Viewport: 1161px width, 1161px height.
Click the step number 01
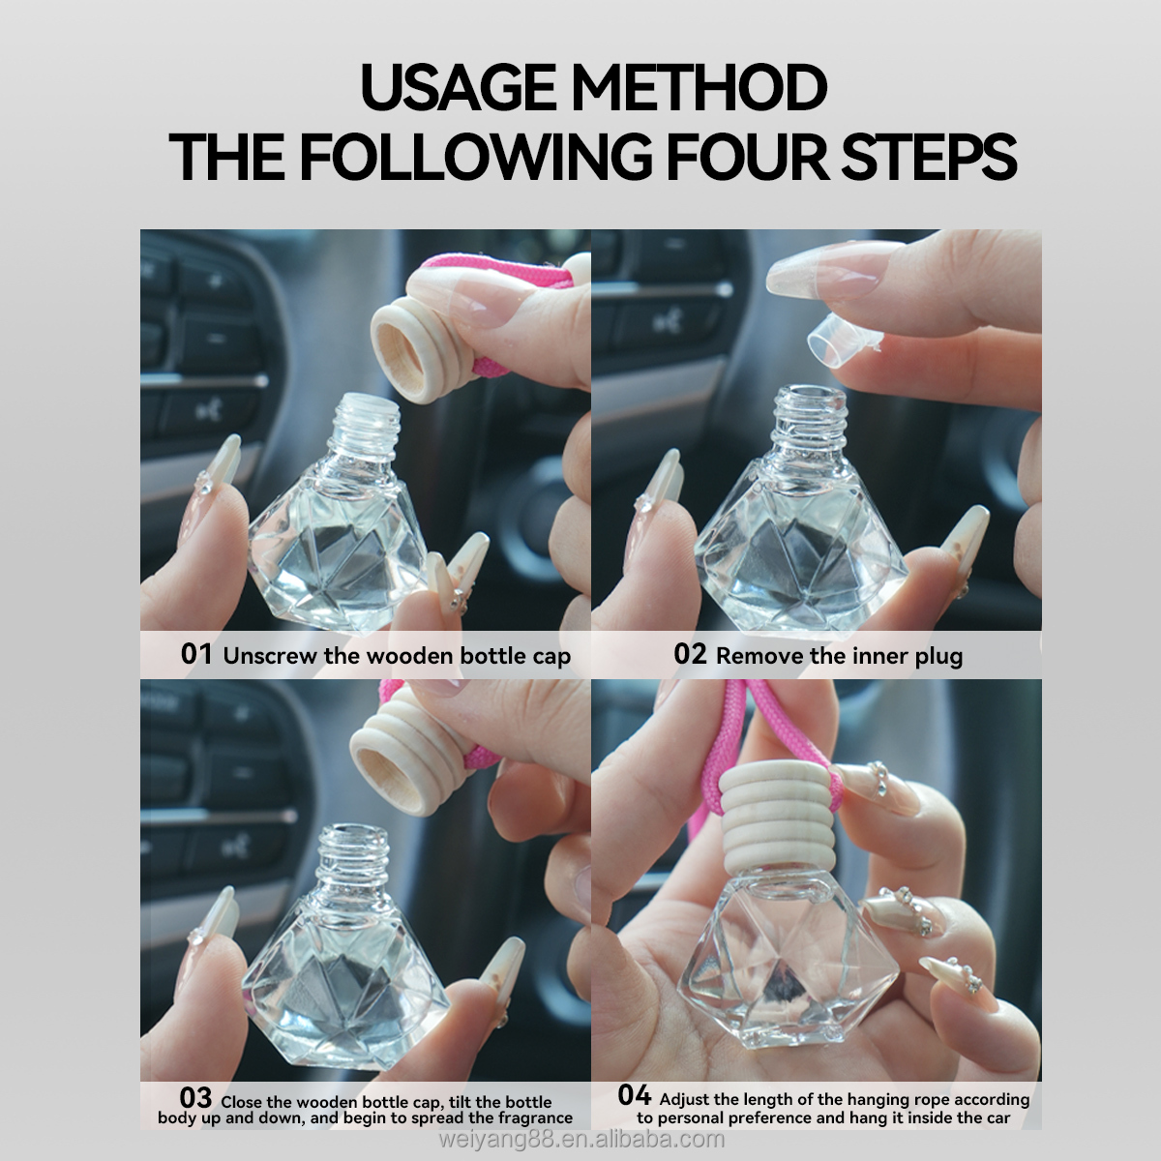click(196, 654)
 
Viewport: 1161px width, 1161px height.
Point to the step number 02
click(690, 654)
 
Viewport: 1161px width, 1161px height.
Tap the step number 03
click(195, 1098)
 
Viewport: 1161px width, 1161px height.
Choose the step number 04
click(635, 1095)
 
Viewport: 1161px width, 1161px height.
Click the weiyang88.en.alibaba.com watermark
click(581, 1140)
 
